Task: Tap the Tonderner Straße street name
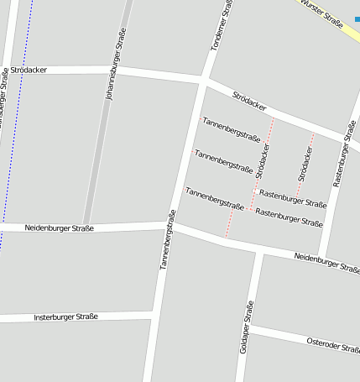click(220, 25)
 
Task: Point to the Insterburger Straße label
click(65, 317)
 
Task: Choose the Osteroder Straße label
click(332, 343)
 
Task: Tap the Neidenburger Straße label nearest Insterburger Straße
click(59, 228)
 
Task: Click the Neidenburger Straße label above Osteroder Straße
click(326, 262)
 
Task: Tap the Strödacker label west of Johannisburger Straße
click(29, 69)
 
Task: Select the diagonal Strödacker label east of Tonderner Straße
click(249, 103)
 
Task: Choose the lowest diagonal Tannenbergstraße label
click(214, 198)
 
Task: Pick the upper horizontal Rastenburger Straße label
click(292, 198)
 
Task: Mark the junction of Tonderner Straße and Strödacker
click(204, 81)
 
